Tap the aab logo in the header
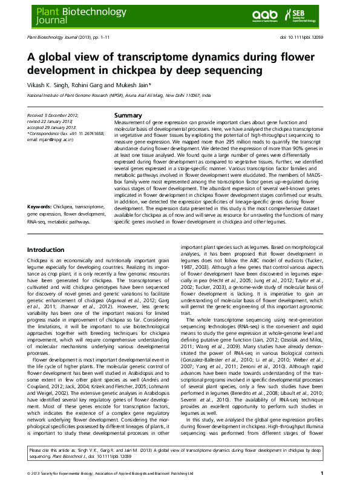click(x=264, y=16)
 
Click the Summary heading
click(x=128, y=115)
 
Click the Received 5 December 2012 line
click(x=53, y=114)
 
